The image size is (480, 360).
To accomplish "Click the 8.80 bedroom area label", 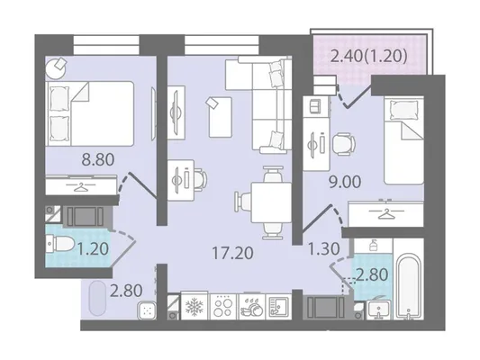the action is pyautogui.click(x=98, y=159).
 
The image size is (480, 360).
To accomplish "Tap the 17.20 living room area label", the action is pyautogui.click(x=232, y=253).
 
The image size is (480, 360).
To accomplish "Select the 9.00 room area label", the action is pyautogui.click(x=345, y=183).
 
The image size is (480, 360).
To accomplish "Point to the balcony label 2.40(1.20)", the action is pyautogui.click(x=369, y=56).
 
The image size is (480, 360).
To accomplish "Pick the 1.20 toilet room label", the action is pyautogui.click(x=93, y=249).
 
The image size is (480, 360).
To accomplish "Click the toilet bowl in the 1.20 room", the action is pyautogui.click(x=59, y=244).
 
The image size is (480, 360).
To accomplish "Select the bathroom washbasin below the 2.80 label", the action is pyautogui.click(x=378, y=310).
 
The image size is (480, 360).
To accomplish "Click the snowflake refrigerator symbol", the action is pyautogui.click(x=195, y=307).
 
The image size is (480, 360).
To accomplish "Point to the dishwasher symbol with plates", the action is pyautogui.click(x=252, y=307).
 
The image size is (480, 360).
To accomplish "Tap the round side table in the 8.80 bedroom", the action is pyautogui.click(x=56, y=67).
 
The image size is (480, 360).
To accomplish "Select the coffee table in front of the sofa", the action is pyautogui.click(x=220, y=117).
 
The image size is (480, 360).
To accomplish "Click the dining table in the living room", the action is pyautogui.click(x=271, y=202).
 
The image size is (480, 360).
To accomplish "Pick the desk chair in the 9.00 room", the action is pyautogui.click(x=344, y=143).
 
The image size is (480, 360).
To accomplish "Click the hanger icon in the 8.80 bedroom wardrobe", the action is pyautogui.click(x=81, y=186).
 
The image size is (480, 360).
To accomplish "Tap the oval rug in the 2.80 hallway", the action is pyautogui.click(x=97, y=298).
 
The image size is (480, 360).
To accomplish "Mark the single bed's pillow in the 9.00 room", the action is pyautogui.click(x=403, y=111).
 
